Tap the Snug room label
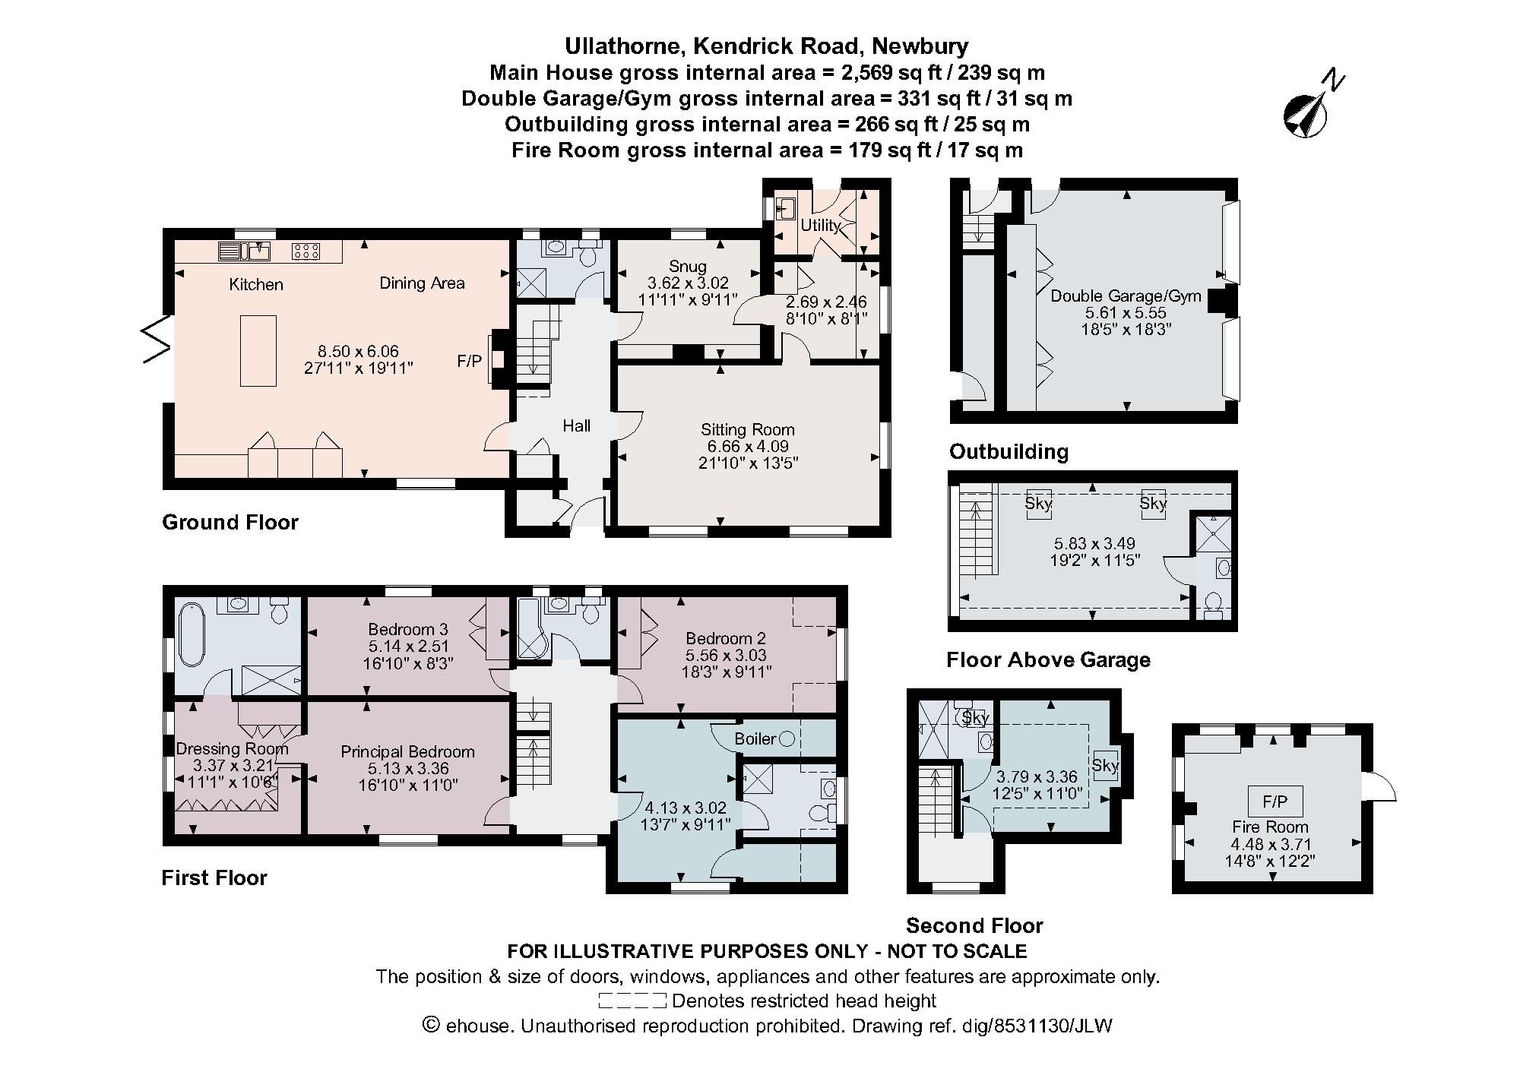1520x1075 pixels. pos(687,267)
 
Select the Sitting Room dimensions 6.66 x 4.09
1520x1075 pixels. pos(747,446)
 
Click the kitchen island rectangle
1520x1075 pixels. pos(258,351)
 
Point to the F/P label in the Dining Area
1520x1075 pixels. pos(469,361)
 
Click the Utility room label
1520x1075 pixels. pos(819,225)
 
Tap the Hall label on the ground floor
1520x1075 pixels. pos(576,426)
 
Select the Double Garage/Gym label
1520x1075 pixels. pos(1126,296)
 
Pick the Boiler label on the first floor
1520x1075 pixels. pos(755,738)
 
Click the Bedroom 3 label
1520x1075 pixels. pos(407,629)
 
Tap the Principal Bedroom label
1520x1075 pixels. pos(407,751)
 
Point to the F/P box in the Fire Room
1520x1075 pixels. pos(1275,801)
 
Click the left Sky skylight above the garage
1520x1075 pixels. pos(1037,503)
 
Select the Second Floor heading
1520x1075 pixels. pos(974,925)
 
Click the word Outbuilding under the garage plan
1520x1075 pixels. pos(1009,452)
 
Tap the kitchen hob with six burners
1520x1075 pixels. pos(306,250)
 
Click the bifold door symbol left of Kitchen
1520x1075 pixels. pos(157,340)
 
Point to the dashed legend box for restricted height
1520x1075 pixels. pos(632,1001)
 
